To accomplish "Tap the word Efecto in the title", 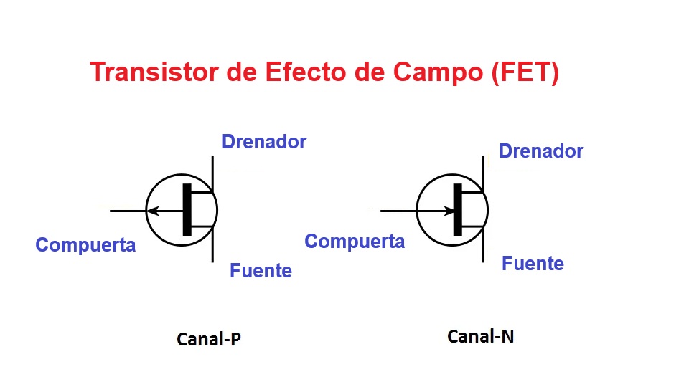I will click(294, 73).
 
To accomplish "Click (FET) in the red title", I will click(525, 73).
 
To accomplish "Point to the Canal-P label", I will click(209, 339).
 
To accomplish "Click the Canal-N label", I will click(480, 335).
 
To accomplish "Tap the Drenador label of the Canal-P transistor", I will click(264, 142).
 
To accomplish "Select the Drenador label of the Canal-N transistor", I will click(541, 151).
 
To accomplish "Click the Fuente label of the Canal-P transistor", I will click(261, 271).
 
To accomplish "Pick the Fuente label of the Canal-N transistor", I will click(533, 264).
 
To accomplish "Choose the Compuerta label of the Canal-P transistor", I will click(85, 245).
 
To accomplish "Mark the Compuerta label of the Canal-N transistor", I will click(355, 242).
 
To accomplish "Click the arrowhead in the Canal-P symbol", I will click(152, 211).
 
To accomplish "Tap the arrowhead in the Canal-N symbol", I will click(450, 211).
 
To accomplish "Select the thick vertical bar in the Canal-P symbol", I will click(187, 210).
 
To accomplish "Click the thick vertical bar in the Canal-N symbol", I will click(457, 210).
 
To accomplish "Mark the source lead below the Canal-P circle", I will click(212, 251).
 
